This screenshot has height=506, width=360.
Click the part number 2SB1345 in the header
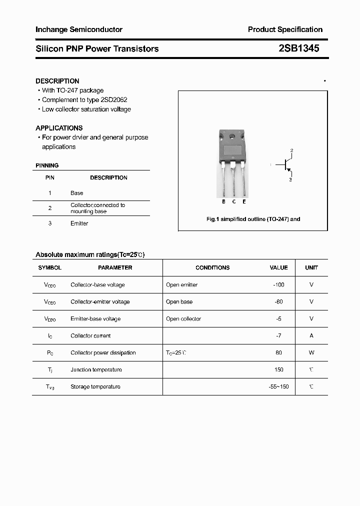coord(299,48)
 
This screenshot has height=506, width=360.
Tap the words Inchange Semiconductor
coord(79,29)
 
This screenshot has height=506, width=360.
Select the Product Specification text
coord(285,29)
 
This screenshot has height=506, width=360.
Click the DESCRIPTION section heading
coord(57,81)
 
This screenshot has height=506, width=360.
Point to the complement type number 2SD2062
coord(114,100)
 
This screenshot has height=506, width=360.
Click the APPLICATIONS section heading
coord(59,128)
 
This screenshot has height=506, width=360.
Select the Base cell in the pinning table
coord(77,193)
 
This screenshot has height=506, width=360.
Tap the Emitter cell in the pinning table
coord(79,223)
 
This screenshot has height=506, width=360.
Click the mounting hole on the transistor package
coord(232,136)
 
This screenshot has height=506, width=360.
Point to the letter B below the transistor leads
coord(223,202)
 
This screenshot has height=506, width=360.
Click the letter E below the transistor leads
coord(244,202)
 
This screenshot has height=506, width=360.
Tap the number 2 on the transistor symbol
coord(291,150)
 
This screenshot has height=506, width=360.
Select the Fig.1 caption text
coord(253,219)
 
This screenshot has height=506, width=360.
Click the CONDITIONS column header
coord(212,268)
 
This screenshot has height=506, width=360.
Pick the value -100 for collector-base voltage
coord(278,285)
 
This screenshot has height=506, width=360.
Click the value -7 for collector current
coord(278,336)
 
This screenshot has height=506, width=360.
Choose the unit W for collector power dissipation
coord(311,353)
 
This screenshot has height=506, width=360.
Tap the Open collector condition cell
coord(183,319)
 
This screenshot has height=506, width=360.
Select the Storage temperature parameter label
coord(95,387)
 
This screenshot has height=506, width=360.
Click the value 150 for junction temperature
coord(278,370)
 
